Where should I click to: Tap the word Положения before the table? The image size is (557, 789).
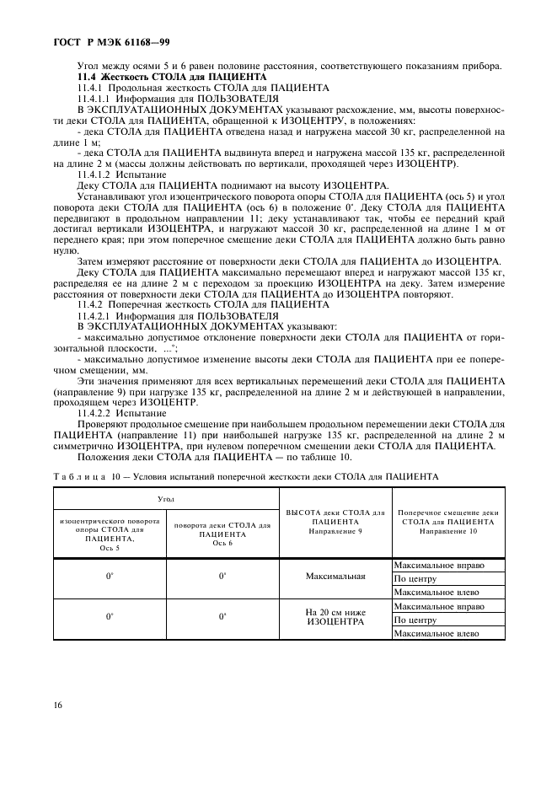103,457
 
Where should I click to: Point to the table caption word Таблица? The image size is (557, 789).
78,476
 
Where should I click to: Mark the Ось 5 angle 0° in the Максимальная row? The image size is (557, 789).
110,577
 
